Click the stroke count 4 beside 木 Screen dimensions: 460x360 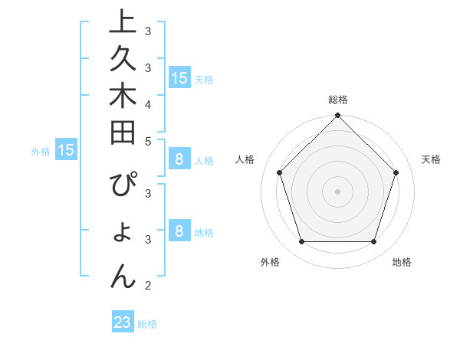(x=148, y=104)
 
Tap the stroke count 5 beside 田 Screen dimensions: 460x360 (x=148, y=141)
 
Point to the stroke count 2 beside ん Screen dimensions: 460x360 (x=148, y=286)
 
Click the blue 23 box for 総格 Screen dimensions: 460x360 (x=123, y=323)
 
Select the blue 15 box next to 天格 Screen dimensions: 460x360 (x=179, y=78)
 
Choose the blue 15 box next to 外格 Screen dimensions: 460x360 (x=65, y=151)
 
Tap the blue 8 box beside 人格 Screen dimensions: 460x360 (x=179, y=159)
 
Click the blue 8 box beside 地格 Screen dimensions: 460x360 (x=179, y=231)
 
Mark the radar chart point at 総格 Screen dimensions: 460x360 (x=337, y=116)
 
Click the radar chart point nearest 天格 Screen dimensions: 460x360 (x=396, y=172)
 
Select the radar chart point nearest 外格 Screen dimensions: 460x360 (x=301, y=242)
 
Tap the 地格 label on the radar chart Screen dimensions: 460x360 (x=402, y=262)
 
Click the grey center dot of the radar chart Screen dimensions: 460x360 (x=337, y=191)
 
